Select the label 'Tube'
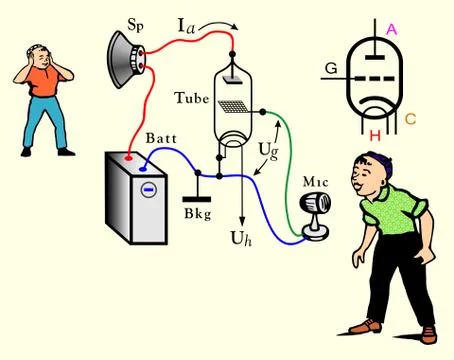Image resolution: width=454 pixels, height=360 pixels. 191,98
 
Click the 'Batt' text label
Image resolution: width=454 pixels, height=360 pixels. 162,137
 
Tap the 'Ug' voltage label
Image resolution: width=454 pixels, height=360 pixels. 268,150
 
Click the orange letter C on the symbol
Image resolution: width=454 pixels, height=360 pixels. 411,120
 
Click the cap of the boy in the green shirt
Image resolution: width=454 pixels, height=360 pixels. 373,160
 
